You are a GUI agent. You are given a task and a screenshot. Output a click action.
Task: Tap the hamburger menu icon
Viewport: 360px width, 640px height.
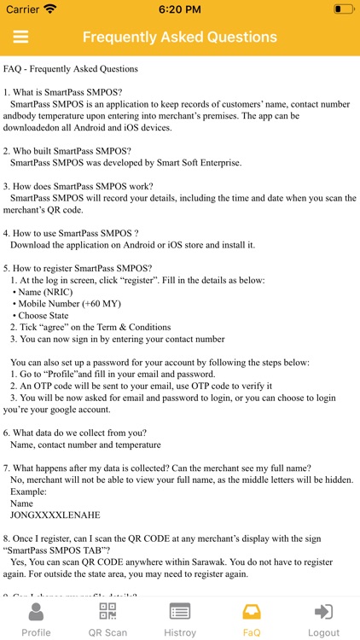20,38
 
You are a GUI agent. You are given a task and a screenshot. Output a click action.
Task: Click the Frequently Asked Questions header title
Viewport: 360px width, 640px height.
179,38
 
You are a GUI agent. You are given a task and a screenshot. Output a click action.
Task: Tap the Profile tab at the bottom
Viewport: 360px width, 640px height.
36,620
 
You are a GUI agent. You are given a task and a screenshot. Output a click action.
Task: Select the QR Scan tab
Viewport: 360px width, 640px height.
107,620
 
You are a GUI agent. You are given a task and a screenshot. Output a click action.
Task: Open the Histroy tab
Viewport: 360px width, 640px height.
179,620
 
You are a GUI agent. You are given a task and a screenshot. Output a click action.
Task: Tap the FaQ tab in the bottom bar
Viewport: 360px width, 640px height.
252,620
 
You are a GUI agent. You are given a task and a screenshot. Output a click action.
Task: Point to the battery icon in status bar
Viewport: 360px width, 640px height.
344,9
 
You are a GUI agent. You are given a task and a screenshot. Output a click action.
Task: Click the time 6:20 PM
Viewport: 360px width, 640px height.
179,9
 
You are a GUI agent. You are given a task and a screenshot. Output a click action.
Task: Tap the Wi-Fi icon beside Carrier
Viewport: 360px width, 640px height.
50,9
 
